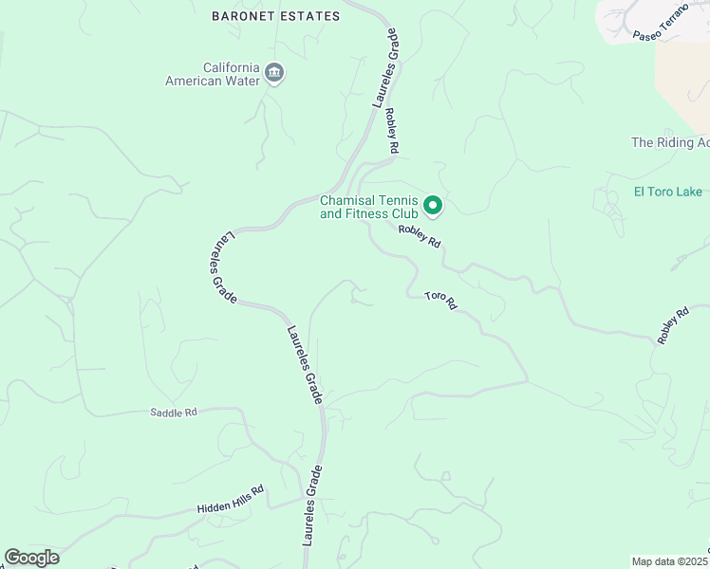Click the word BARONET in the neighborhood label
(x=242, y=16)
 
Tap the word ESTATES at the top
(x=308, y=16)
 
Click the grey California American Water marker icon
(x=275, y=73)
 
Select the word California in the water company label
(x=232, y=67)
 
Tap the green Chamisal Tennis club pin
(x=433, y=205)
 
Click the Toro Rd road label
(x=440, y=301)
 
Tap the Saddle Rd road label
(x=174, y=413)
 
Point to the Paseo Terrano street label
(x=659, y=28)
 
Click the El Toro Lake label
(x=668, y=192)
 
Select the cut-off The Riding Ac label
(x=670, y=142)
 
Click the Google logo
(x=31, y=558)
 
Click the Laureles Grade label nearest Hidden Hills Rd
(x=312, y=505)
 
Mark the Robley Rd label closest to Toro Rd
(x=420, y=235)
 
